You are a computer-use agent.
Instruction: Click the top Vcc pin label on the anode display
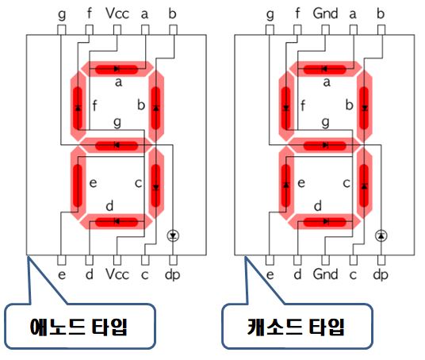tap(117, 13)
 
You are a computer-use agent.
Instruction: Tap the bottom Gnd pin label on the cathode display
tap(325, 274)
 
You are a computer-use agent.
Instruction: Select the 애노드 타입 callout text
tap(78, 327)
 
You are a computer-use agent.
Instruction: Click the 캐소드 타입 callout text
tap(296, 327)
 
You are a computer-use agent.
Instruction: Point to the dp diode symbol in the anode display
tap(173, 236)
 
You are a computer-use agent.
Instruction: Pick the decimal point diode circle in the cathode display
tap(381, 236)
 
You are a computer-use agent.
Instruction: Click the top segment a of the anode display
tap(117, 69)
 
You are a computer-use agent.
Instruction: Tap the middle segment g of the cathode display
tap(325, 146)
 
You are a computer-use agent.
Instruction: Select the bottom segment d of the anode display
tap(117, 222)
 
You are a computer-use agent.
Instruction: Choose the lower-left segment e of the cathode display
tap(286, 183)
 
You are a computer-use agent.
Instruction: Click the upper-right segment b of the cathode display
tap(365, 107)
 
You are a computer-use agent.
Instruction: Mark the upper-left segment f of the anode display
tap(78, 106)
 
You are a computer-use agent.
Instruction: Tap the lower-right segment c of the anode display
tap(156, 183)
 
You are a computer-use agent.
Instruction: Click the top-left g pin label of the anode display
tap(62, 14)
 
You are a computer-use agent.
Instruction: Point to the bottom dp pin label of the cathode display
tap(381, 275)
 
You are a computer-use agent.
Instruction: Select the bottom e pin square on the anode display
tap(62, 261)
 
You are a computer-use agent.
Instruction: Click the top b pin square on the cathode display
tap(381, 30)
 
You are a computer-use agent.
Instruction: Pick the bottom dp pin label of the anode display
tap(172, 275)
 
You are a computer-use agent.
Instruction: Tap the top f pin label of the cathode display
tap(297, 13)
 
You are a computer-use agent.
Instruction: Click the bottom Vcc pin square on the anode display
tap(117, 261)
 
